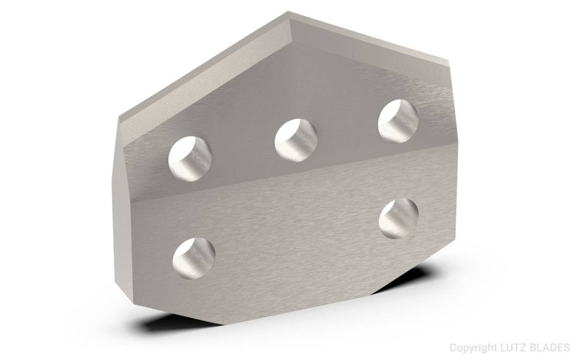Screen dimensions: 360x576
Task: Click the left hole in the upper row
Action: click(191, 158)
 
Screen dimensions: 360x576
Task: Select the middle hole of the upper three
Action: click(296, 140)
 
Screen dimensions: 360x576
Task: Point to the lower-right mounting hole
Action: click(398, 219)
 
